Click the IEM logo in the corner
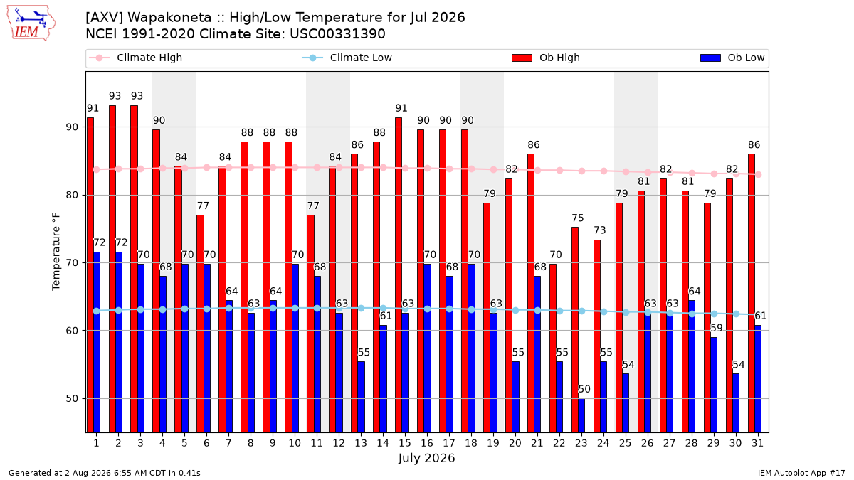pos(31,23)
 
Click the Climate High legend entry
pos(136,58)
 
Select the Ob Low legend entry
pos(732,58)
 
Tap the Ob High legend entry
pos(546,58)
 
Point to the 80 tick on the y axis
pos(73,195)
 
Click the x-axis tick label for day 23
pos(581,443)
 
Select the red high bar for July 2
pos(112,269)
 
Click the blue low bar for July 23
pos(581,415)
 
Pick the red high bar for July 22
pos(553,348)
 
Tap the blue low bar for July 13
pos(361,397)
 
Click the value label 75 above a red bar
pos(578,218)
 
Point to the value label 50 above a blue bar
pos(584,389)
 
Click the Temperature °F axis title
pos(56,252)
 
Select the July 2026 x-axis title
pos(426,457)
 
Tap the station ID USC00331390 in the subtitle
pos(337,34)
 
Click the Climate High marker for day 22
pos(559,170)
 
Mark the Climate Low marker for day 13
pos(361,308)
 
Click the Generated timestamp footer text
pos(104,473)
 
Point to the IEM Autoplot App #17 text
pos(801,473)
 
